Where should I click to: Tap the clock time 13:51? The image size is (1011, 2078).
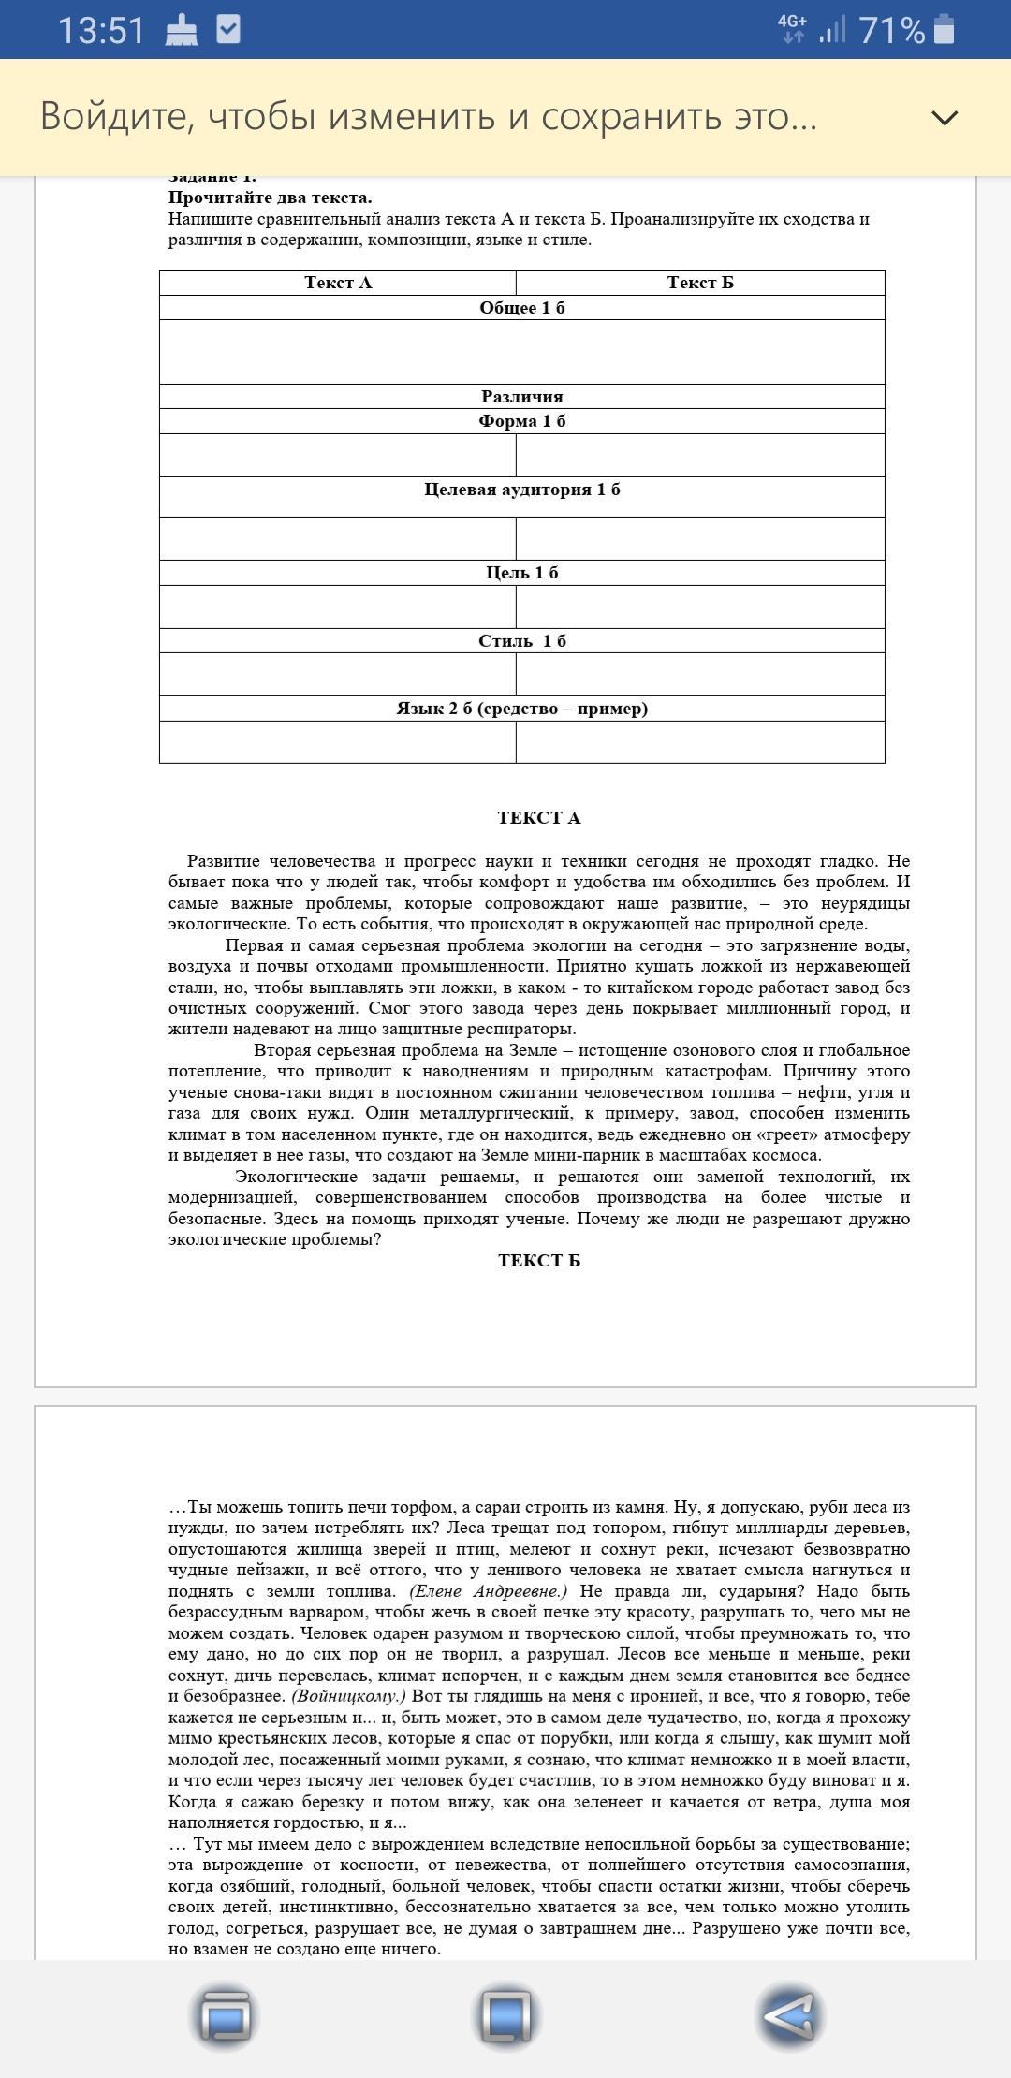tap(101, 30)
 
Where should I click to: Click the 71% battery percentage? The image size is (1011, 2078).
tap(891, 30)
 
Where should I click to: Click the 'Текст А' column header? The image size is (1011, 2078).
tap(338, 283)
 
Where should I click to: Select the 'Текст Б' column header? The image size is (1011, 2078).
tap(700, 283)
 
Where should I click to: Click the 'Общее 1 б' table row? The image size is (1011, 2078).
tap(522, 308)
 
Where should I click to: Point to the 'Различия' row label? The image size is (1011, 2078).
tap(522, 397)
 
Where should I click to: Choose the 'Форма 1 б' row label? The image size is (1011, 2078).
tap(522, 421)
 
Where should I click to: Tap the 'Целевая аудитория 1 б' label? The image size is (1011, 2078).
tap(522, 490)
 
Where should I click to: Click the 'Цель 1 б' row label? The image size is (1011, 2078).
tap(522, 573)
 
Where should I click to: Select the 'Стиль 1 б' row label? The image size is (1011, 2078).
tap(522, 641)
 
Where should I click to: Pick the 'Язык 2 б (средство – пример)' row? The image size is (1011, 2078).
tap(522, 709)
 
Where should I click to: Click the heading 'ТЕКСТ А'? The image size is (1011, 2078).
tap(539, 818)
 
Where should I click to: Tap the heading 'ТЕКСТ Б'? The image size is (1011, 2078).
tap(539, 1261)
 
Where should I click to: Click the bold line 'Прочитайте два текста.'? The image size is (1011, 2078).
tap(271, 198)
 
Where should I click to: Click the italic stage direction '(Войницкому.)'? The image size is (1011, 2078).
tap(349, 1696)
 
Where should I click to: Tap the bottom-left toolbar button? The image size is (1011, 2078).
tap(225, 2014)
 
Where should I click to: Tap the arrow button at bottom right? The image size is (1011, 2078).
tap(789, 2014)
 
